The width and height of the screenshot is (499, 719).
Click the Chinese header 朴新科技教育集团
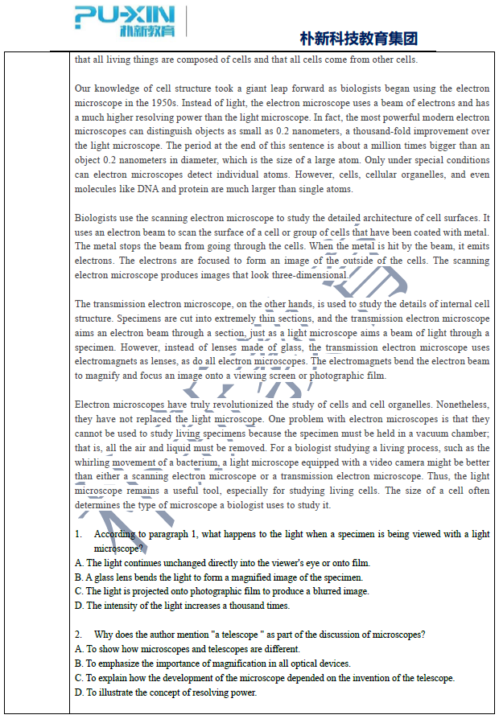click(358, 39)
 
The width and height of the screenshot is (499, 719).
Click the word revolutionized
click(229, 405)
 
